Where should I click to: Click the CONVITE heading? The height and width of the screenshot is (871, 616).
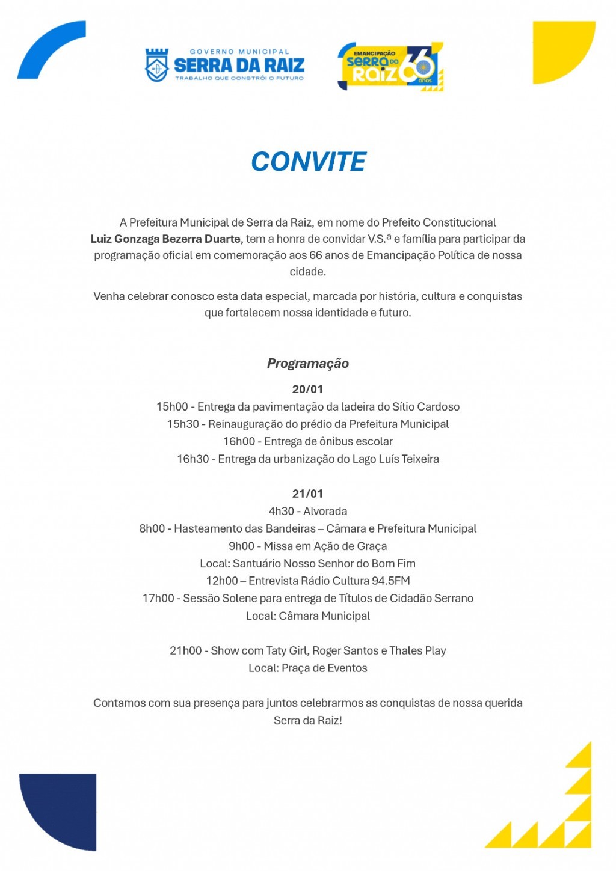click(308, 162)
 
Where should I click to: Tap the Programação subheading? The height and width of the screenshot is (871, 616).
click(308, 364)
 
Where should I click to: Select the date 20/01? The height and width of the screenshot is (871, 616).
click(307, 390)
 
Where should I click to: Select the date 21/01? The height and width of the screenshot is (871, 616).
click(307, 494)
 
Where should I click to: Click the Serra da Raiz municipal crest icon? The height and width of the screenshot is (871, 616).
click(157, 65)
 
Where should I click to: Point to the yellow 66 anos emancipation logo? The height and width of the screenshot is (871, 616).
click(390, 67)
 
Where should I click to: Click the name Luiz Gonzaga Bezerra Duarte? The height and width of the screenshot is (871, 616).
click(165, 239)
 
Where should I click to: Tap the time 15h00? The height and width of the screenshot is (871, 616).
click(172, 407)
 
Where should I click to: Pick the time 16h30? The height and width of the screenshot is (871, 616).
click(192, 459)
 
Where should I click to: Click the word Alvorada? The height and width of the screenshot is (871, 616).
click(325, 512)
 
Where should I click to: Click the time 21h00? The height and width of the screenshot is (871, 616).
click(185, 651)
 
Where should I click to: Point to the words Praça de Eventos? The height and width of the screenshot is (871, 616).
click(324, 668)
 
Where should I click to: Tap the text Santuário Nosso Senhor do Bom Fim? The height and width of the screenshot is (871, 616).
click(324, 564)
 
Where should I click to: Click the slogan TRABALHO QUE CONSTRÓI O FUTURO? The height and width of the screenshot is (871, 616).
click(239, 78)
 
